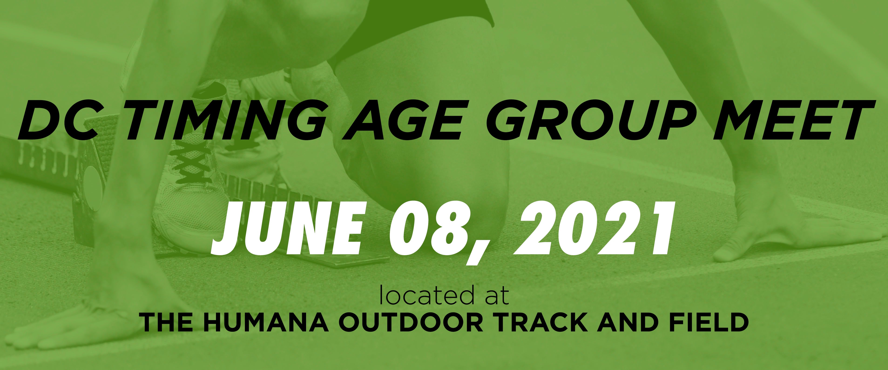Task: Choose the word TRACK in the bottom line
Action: (538, 323)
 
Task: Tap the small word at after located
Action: (494, 297)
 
